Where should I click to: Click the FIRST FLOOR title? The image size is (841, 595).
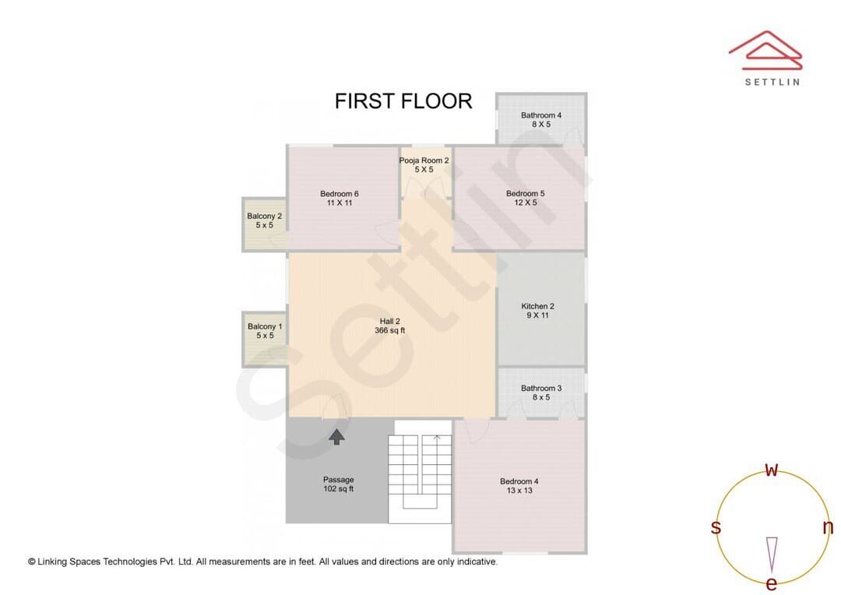(403, 101)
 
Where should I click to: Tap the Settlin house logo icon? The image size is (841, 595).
(765, 50)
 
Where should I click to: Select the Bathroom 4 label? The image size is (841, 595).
(541, 120)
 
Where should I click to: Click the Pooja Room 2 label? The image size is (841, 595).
(424, 164)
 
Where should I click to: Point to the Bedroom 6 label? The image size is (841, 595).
(340, 198)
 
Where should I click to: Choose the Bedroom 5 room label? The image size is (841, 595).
(525, 198)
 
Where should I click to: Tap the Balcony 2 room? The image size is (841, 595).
(265, 224)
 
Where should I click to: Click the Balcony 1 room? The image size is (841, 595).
(265, 339)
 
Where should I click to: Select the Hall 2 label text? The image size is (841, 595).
(390, 326)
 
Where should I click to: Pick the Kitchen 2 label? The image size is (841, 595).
(537, 311)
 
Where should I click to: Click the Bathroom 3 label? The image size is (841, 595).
(541, 393)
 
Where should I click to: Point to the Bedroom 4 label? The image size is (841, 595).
(519, 485)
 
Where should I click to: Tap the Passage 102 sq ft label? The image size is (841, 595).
(339, 484)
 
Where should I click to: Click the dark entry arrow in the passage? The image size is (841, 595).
(336, 437)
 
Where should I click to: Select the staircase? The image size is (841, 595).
(420, 472)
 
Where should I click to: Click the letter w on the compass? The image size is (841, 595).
(771, 470)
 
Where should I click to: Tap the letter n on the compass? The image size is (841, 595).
(828, 527)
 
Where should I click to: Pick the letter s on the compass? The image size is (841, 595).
(716, 527)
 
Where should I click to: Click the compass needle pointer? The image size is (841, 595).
(772, 555)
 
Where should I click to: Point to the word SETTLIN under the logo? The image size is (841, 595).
(772, 82)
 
